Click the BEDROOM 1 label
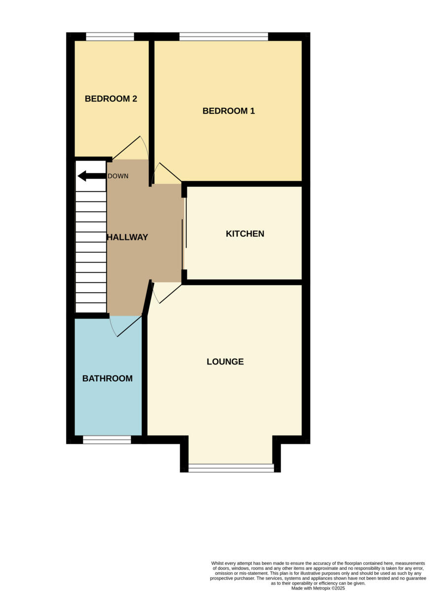(x=229, y=111)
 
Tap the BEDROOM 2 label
(x=111, y=98)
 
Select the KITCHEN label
(x=245, y=233)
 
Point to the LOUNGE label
(x=225, y=361)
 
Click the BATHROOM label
(x=107, y=378)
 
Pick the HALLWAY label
(x=128, y=237)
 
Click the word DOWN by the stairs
(x=118, y=176)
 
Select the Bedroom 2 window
(x=110, y=36)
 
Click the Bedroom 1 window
(x=224, y=36)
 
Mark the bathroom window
(x=107, y=440)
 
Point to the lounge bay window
(x=231, y=468)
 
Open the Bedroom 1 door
(x=168, y=172)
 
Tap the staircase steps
(x=91, y=246)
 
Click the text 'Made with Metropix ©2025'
(x=318, y=588)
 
